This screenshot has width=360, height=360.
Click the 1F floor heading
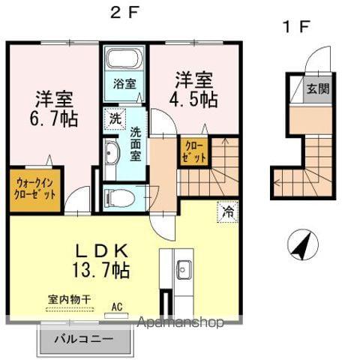pyautogui.click(x=295, y=28)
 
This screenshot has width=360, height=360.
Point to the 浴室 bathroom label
pyautogui.click(x=124, y=84)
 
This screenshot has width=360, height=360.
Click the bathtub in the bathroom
pyautogui.click(x=124, y=59)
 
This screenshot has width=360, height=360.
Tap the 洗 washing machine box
pyautogui.click(x=115, y=118)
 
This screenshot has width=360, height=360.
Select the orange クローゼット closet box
pyautogui.click(x=193, y=151)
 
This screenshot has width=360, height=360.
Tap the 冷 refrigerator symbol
pyautogui.click(x=226, y=211)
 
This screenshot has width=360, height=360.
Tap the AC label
pyautogui.click(x=117, y=306)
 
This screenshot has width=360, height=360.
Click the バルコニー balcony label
pyautogui.click(x=84, y=339)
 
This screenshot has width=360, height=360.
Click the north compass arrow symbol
pyautogui.click(x=300, y=244)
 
